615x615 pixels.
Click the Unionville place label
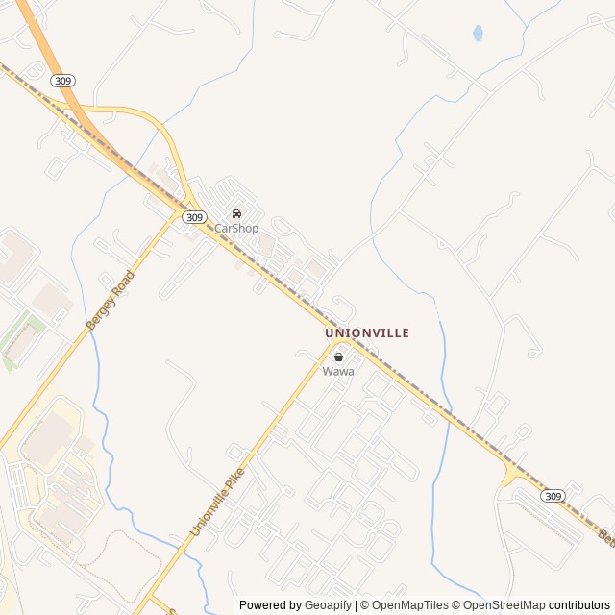click(x=367, y=332)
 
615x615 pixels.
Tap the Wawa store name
click(x=338, y=371)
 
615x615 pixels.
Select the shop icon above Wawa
click(x=338, y=357)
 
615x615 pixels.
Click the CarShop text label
click(x=236, y=228)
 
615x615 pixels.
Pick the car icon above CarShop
click(x=236, y=213)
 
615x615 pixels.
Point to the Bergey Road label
click(x=111, y=301)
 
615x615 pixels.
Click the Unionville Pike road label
click(x=217, y=502)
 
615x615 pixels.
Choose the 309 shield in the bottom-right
click(x=553, y=496)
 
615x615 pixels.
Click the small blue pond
click(x=478, y=34)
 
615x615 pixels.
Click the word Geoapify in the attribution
click(x=330, y=605)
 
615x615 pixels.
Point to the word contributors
click(x=580, y=605)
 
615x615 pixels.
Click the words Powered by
click(x=270, y=605)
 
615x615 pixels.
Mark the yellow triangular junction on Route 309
click(x=509, y=472)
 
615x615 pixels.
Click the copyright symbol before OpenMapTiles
click(x=365, y=605)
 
